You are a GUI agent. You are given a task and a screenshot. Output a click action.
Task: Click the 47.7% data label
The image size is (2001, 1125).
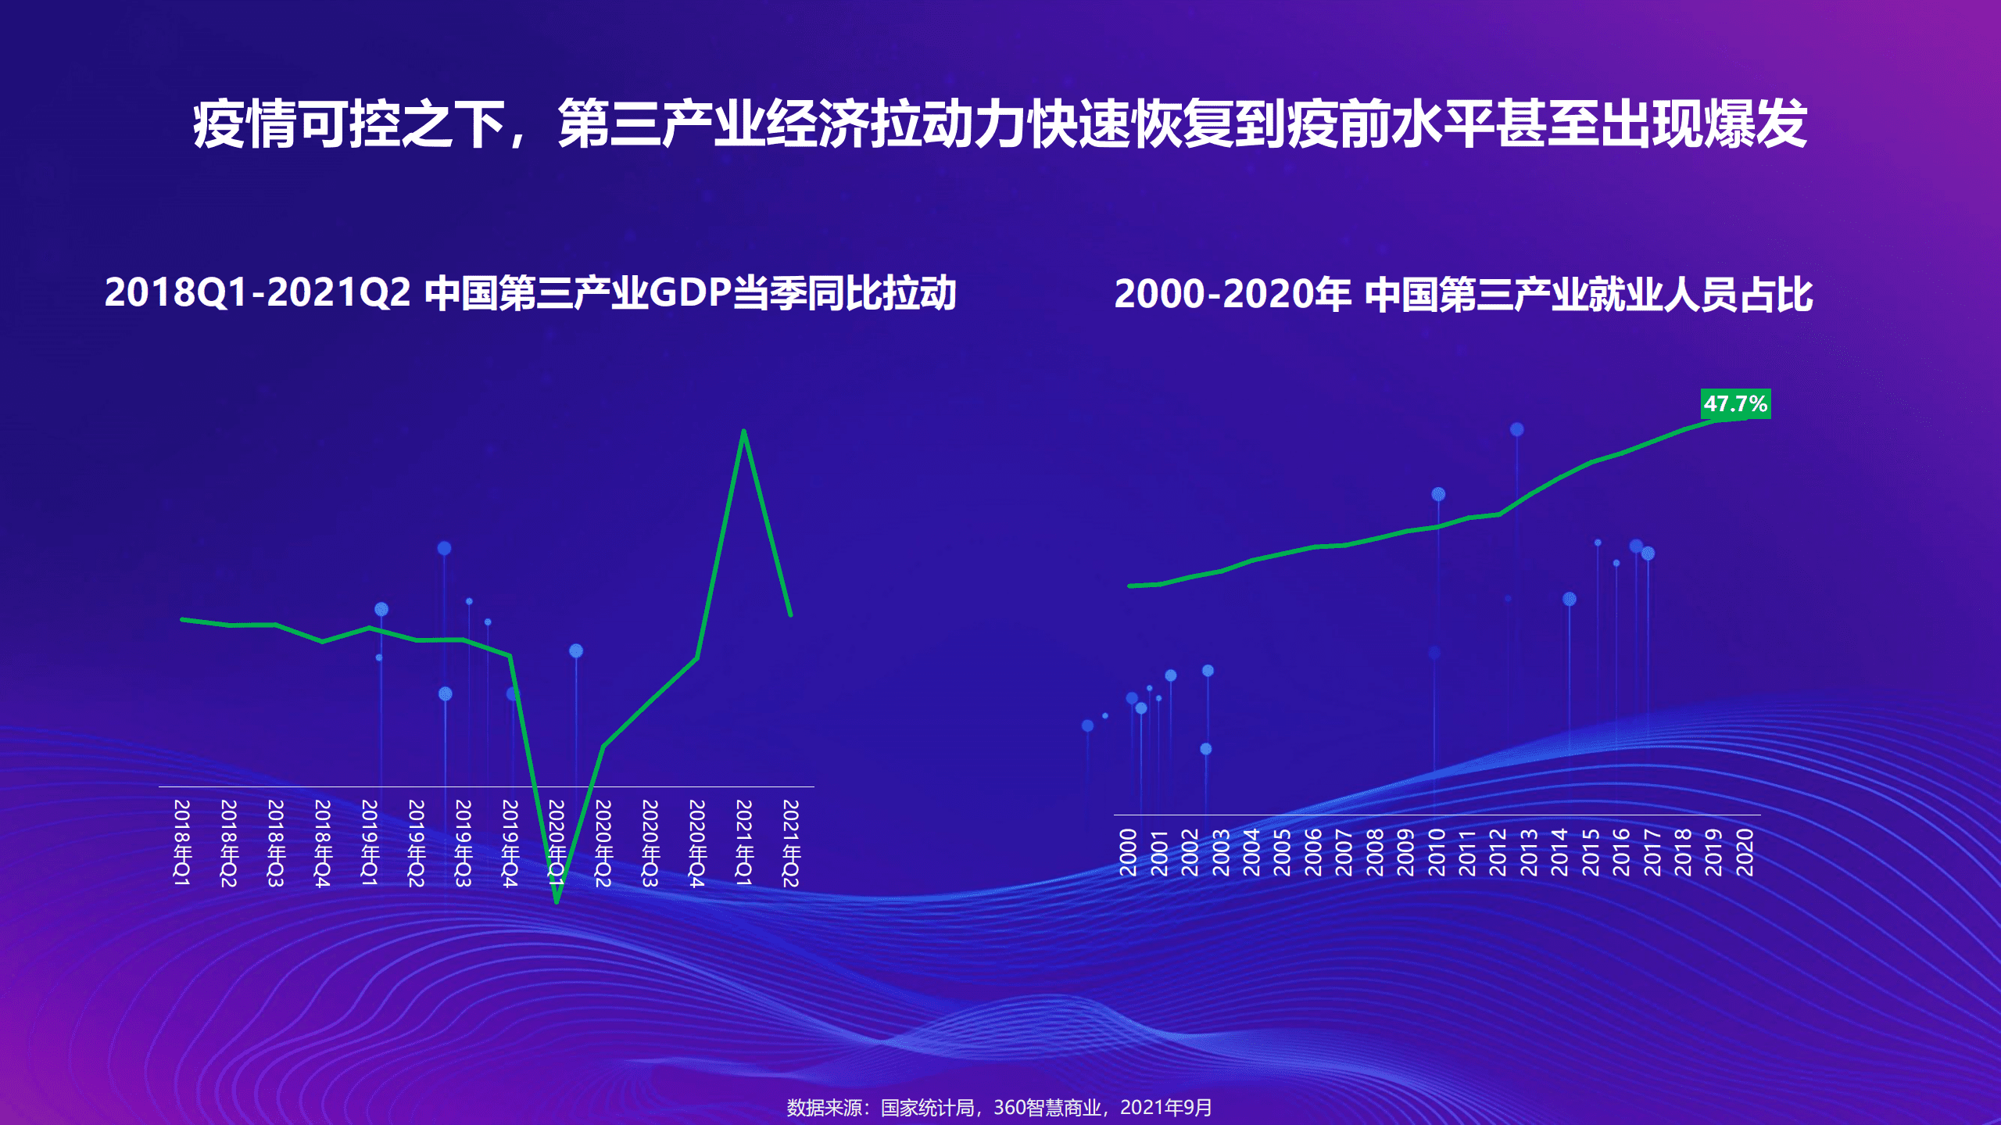[1735, 404]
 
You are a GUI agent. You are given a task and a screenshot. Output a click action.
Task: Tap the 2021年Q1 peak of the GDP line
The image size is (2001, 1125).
[743, 432]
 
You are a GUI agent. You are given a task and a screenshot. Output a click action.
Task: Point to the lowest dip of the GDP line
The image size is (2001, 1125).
[557, 901]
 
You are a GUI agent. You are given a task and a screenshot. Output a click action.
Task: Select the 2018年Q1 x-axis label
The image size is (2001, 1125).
[181, 843]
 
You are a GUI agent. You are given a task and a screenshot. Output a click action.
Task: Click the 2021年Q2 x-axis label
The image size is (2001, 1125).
[791, 843]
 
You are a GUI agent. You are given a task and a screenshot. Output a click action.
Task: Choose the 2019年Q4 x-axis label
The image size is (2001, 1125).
[510, 843]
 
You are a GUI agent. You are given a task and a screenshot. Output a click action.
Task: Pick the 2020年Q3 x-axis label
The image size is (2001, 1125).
[650, 843]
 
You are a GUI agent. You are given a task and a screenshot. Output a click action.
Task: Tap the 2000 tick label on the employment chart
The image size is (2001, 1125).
[1128, 852]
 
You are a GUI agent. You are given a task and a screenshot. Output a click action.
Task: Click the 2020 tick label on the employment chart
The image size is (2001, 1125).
[1745, 852]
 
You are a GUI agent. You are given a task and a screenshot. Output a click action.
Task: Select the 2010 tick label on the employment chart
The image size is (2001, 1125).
[1437, 852]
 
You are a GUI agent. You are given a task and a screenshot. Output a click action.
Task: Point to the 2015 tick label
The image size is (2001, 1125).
[1591, 852]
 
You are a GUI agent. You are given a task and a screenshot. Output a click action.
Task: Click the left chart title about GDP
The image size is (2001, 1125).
[530, 293]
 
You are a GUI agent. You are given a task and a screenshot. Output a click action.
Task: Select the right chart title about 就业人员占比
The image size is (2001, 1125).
[1463, 295]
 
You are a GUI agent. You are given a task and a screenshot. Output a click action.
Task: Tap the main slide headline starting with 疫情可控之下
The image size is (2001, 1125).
[1000, 124]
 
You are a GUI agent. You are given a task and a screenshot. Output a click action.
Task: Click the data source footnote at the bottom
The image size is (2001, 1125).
[999, 1108]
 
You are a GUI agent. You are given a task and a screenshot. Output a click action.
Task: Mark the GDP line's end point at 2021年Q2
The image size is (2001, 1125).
[790, 614]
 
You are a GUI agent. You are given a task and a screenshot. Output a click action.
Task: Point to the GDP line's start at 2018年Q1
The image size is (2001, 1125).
[183, 620]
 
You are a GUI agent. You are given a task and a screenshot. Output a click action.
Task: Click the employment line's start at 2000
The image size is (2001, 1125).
[1130, 586]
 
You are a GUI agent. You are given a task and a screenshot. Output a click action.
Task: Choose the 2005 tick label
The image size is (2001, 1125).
[1283, 852]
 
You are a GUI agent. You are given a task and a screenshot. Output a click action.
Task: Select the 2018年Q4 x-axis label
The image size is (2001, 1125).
[322, 843]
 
